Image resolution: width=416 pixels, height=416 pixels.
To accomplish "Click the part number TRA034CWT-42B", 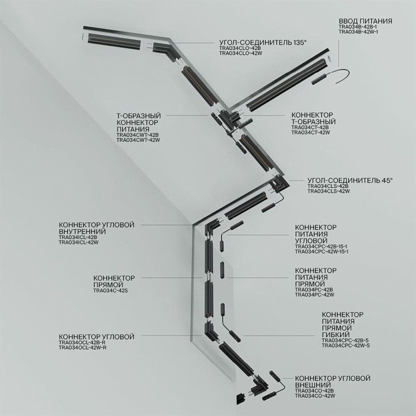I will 138,135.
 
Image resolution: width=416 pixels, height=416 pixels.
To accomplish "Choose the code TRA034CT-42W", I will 310,132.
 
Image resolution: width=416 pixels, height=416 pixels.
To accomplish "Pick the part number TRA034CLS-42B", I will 327,187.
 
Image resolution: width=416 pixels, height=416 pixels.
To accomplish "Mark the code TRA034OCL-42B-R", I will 82,343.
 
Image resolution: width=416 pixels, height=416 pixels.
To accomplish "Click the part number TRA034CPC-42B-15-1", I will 322,247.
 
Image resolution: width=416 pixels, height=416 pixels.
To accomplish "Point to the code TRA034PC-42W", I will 314,295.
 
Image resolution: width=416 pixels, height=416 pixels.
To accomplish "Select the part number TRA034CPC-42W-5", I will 345,345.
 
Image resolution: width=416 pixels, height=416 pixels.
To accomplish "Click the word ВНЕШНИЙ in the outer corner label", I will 314,384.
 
